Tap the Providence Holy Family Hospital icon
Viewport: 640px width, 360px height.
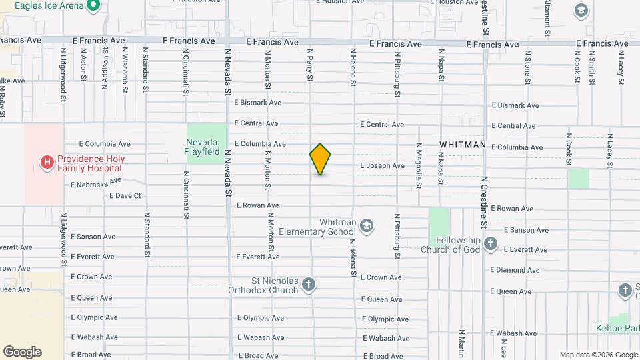[x=47, y=162]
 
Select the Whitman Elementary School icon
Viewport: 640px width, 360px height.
[x=366, y=226]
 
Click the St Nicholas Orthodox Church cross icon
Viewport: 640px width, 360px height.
[x=308, y=285]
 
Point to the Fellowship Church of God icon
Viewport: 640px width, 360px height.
[x=491, y=244]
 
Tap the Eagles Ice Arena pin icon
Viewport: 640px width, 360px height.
[x=93, y=6]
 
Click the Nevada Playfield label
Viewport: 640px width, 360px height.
[x=203, y=147]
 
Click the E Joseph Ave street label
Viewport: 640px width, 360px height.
[x=382, y=166]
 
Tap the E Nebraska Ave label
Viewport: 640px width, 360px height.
[x=96, y=183]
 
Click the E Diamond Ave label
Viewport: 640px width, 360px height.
[x=515, y=270]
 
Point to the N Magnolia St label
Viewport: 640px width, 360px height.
[x=419, y=165]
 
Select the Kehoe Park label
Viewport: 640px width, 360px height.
[x=617, y=328]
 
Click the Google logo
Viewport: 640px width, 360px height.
[x=22, y=352]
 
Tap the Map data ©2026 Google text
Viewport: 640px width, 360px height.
[x=598, y=355]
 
